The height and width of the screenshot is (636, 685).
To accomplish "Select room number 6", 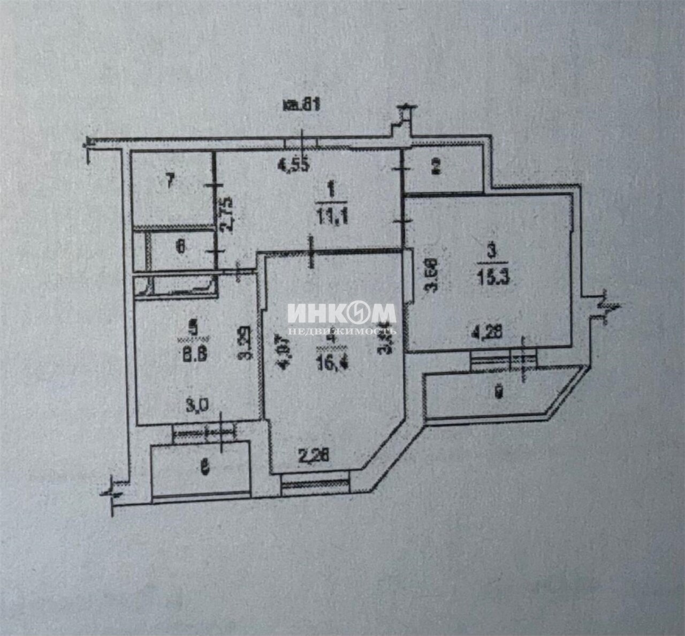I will [181, 246].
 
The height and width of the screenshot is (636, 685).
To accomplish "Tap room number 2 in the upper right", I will [436, 167].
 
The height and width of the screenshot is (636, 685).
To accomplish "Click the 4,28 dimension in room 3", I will [486, 333].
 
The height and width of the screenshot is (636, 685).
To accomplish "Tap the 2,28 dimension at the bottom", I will [313, 456].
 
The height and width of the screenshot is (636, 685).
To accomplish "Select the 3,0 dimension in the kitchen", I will [196, 406].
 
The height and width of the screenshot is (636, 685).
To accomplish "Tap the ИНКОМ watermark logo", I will [341, 313].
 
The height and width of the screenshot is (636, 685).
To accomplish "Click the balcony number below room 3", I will [498, 393].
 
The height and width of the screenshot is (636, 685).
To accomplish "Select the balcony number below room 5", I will [203, 468].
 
